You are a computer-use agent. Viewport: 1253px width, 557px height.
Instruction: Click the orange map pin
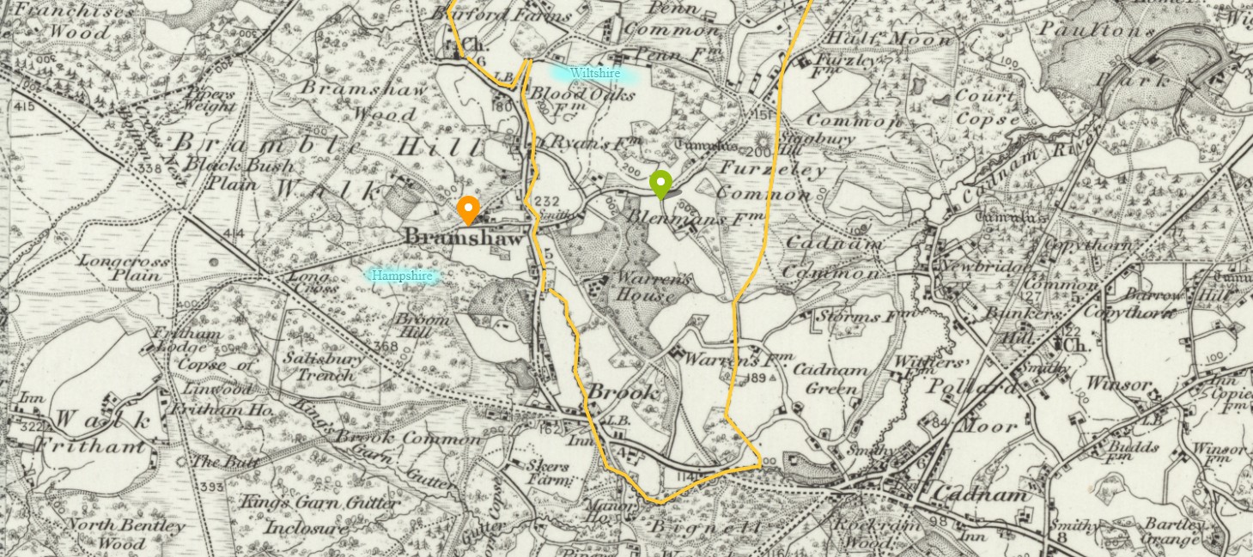click(x=467, y=209)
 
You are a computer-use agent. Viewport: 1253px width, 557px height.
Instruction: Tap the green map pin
click(x=660, y=184)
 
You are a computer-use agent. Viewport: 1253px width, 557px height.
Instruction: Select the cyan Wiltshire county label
click(x=594, y=74)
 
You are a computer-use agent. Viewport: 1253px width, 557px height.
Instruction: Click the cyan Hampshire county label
click(x=402, y=275)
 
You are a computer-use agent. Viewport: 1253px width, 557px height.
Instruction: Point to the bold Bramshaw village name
click(x=463, y=238)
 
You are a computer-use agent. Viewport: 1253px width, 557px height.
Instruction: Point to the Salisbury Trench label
click(x=324, y=366)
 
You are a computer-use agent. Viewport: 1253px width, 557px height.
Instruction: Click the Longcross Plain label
click(x=124, y=268)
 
